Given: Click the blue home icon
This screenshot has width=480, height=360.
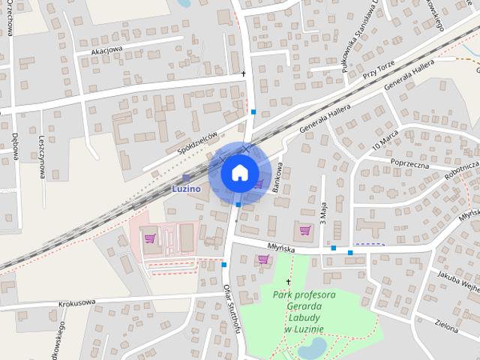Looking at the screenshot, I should (238, 173).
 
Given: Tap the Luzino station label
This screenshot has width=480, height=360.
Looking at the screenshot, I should (186, 188).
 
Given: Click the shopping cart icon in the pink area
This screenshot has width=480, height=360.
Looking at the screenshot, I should (150, 238).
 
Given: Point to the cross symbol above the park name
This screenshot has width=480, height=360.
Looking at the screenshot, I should (289, 281).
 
